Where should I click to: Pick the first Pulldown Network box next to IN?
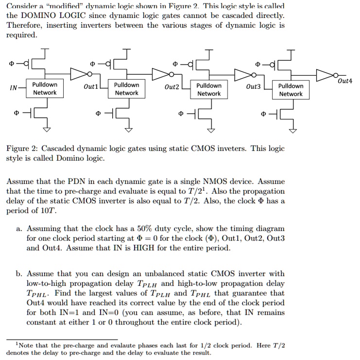coord(45,89)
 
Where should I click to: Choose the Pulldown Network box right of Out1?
coord(126,89)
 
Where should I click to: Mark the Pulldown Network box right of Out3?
coord(291,90)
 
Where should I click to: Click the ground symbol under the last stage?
coord(293,130)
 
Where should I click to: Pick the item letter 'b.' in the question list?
coord(19,274)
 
